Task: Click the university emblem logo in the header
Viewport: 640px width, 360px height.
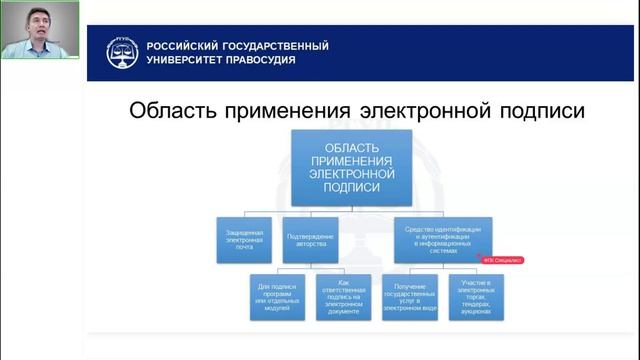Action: pos(123,52)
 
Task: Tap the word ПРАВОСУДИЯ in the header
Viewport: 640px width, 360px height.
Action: pos(263,60)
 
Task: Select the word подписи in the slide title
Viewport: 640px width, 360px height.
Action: pos(541,110)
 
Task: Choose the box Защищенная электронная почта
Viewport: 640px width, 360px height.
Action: pos(246,237)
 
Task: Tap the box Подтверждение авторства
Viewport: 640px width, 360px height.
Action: pos(311,237)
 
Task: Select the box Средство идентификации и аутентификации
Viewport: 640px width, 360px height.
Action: pos(443,237)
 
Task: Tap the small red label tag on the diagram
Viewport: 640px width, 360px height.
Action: pos(502,259)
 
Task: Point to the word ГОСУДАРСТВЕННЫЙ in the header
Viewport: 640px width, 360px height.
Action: pos(271,46)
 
